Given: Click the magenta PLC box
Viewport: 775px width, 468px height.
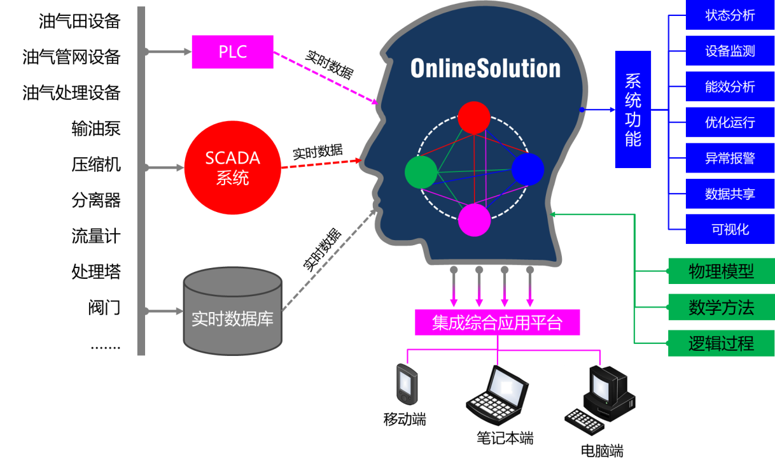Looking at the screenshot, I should (x=232, y=52).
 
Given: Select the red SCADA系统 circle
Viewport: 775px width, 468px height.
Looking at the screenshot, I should (x=232, y=167).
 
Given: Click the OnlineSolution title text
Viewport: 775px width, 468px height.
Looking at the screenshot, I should (x=485, y=68).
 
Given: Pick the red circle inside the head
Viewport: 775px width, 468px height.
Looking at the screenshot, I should (x=474, y=118).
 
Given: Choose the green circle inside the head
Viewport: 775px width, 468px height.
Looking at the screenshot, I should (x=421, y=173).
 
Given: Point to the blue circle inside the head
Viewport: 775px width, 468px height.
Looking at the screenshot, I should (x=527, y=169).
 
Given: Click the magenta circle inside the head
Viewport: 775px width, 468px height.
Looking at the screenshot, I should (x=475, y=220).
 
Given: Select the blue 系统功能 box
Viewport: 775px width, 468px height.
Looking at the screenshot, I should (x=632, y=109).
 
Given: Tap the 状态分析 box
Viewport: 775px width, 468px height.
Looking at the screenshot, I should (x=730, y=15).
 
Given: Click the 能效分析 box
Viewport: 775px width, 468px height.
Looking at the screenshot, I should (x=730, y=87).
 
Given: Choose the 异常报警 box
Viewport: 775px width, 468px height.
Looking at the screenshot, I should (x=730, y=159).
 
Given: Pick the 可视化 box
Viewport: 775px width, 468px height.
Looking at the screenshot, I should (x=730, y=230).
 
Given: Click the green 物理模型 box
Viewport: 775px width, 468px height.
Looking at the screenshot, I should (x=721, y=272).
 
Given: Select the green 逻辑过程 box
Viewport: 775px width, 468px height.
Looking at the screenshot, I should (x=721, y=344).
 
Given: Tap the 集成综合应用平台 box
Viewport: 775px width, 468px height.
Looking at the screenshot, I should (x=497, y=322).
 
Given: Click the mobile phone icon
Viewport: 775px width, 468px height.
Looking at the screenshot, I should (x=407, y=384).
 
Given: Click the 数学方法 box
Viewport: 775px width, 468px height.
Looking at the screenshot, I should (x=721, y=308).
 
